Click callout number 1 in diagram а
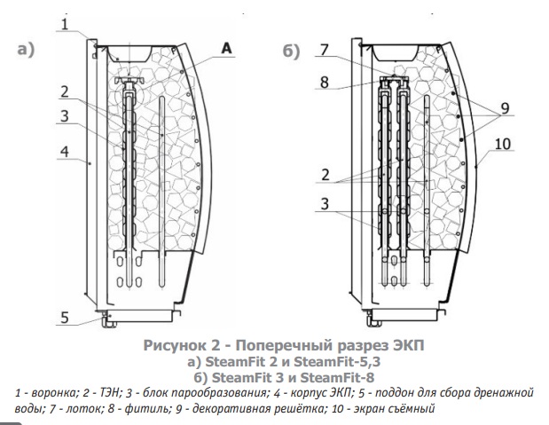(x=65, y=25)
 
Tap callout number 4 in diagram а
(x=65, y=152)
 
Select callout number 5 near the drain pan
(x=65, y=318)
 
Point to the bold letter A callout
(x=226, y=48)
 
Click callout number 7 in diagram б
(x=325, y=50)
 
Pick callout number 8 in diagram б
(x=325, y=83)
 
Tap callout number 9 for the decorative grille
(x=505, y=108)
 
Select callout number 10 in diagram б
(x=503, y=144)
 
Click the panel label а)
(x=26, y=50)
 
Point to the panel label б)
(x=291, y=51)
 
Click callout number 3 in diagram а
(x=65, y=116)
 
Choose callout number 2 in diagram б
(x=325, y=175)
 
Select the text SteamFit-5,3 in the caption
(x=337, y=361)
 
